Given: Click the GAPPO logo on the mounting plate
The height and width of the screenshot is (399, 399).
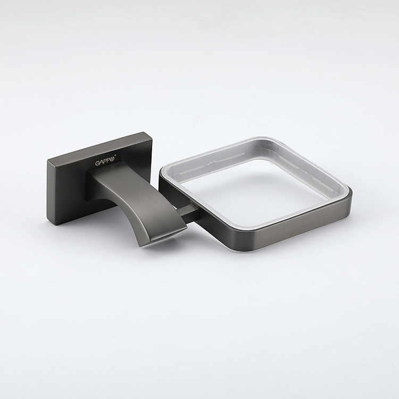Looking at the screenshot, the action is click(x=106, y=162).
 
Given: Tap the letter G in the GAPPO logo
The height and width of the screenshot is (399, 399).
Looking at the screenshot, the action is click(x=97, y=164).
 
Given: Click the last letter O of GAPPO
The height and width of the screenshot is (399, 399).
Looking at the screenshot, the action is click(x=113, y=159).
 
